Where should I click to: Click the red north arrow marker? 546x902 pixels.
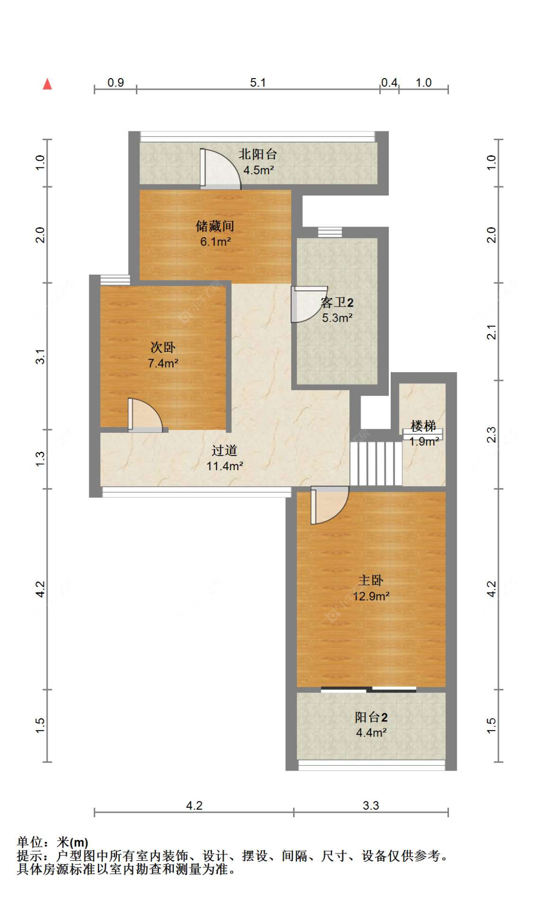coord(47,84)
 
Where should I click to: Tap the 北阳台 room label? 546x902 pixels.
coord(258,154)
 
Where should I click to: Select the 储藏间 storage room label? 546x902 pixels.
coord(215,226)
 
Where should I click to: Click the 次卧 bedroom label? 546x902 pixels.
coord(163,347)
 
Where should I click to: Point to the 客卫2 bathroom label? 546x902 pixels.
coord(337,302)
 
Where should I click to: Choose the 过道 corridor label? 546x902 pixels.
coord(224,450)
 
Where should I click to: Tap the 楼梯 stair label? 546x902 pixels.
coord(423,426)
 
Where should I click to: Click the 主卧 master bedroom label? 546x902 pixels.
coord(371,580)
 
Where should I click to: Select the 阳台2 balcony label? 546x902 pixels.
coord(371,717)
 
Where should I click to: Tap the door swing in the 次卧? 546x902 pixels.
coord(145,415)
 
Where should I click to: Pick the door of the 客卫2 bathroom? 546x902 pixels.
coord(309,304)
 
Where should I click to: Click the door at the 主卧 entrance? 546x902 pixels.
coord(330,505)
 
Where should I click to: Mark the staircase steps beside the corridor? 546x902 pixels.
coord(376,463)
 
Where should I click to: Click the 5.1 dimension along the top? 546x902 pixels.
coord(258,82)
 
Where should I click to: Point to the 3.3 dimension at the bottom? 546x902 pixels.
coord(371,805)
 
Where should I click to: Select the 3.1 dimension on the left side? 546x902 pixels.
coord(40,357)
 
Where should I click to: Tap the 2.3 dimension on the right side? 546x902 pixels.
coord(491,434)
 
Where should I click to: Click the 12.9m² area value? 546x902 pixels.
coord(371,596)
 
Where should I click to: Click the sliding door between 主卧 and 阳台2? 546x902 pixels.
coord(369,689)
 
